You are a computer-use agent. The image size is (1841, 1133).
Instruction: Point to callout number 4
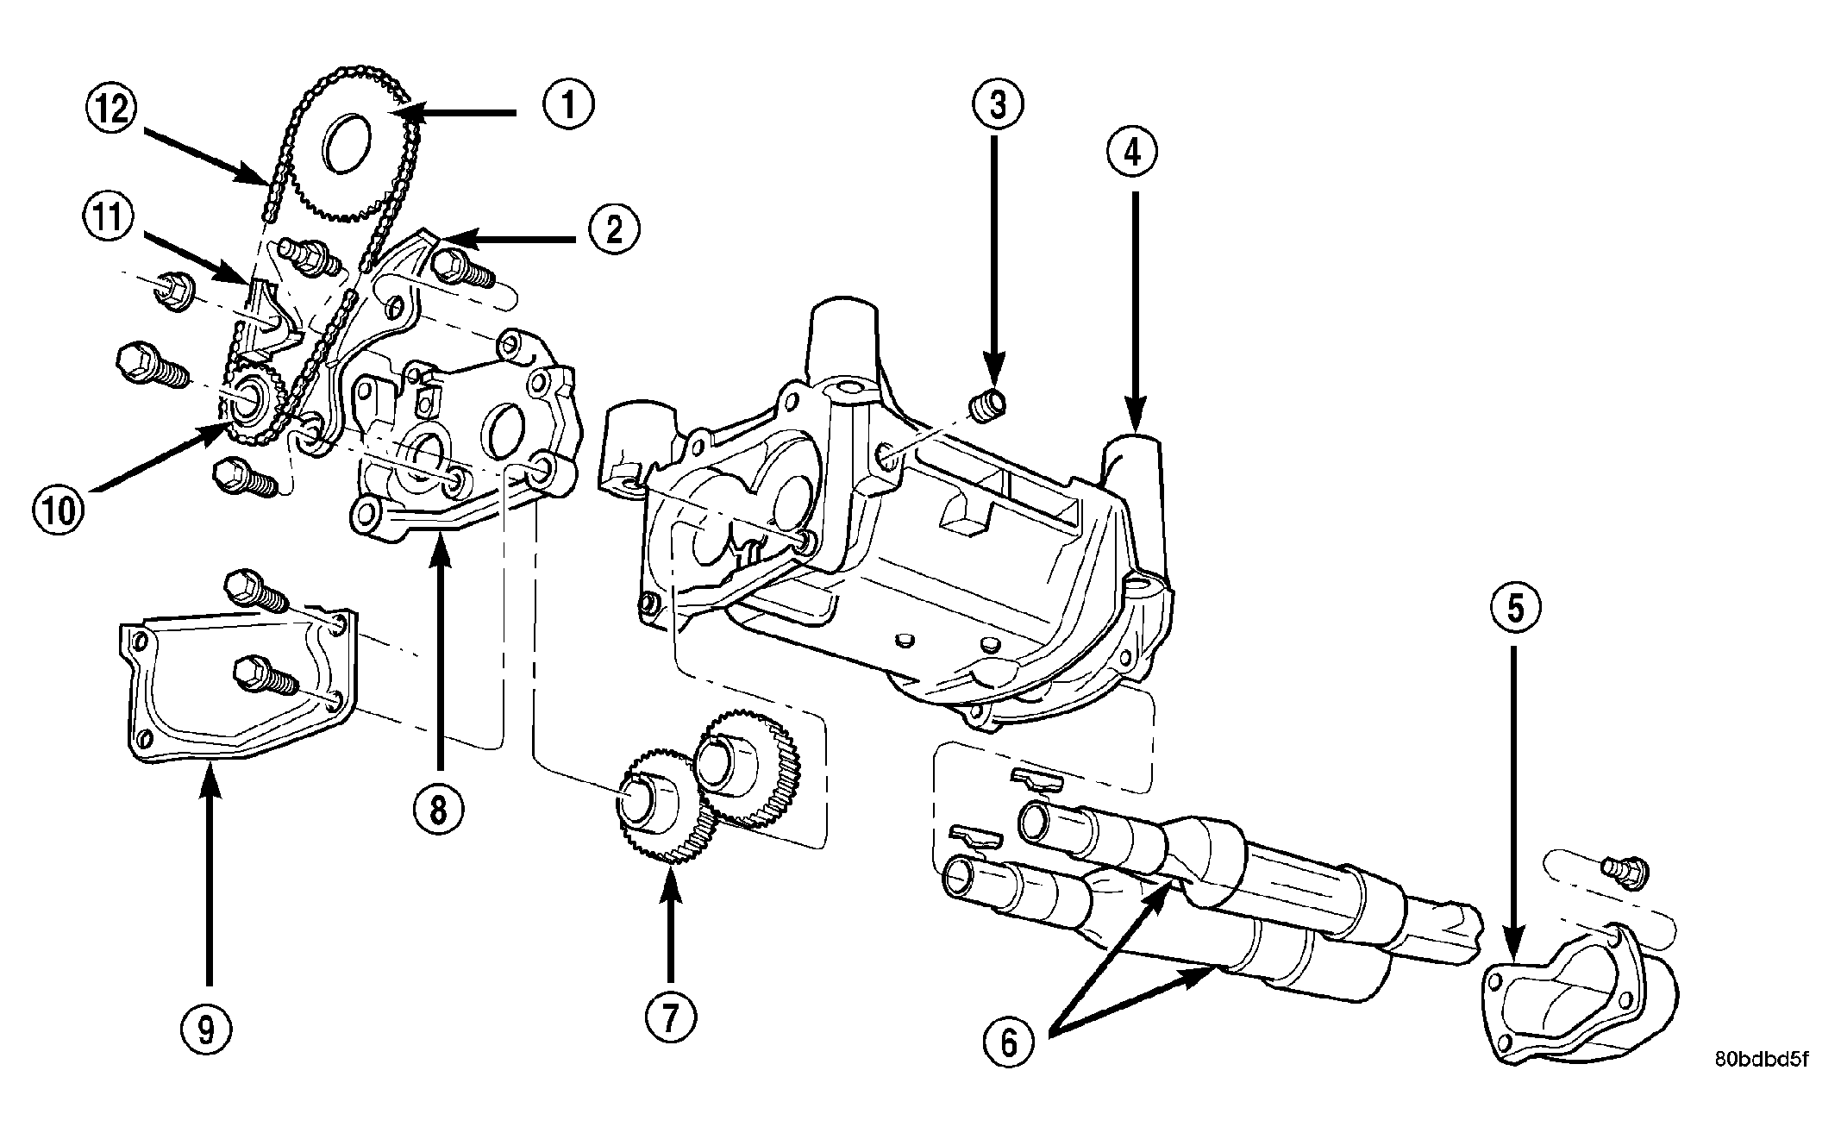click(1133, 153)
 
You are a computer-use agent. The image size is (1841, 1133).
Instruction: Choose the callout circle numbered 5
click(1516, 610)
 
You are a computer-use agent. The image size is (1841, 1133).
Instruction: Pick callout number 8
click(438, 810)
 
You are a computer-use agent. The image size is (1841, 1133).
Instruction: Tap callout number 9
click(207, 1029)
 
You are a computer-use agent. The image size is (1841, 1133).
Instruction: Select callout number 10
click(60, 510)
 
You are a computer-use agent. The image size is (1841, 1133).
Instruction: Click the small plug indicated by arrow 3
click(988, 404)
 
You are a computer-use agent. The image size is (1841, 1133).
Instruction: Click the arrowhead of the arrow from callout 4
click(1134, 420)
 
